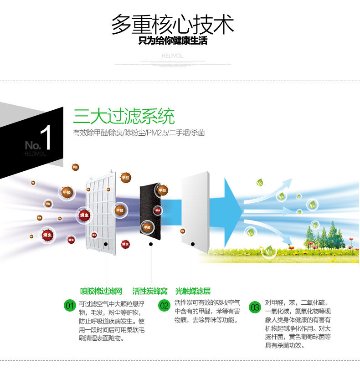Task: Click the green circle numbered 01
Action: click(69, 306)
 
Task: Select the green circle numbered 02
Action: click(164, 306)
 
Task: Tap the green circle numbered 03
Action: click(255, 307)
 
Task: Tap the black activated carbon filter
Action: click(150, 210)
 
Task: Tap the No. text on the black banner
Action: click(32, 145)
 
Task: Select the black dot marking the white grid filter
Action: click(106, 244)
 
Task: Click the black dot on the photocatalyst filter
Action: click(193, 244)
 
